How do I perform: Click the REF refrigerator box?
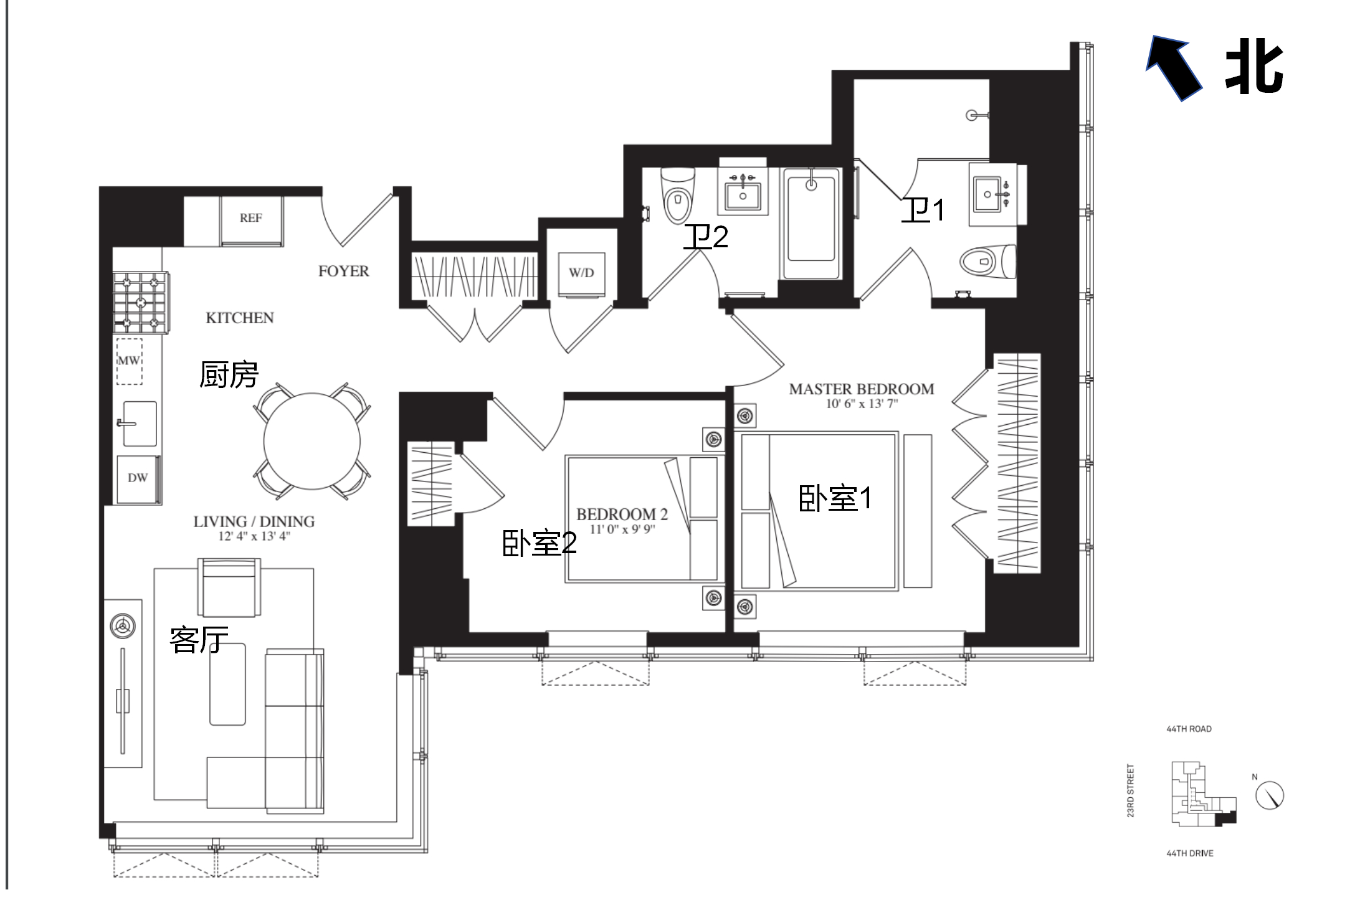click(x=251, y=220)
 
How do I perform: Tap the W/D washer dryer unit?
click(x=581, y=273)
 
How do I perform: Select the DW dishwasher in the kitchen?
click(x=138, y=478)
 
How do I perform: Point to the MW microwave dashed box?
click(x=129, y=361)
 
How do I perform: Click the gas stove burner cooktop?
click(x=141, y=303)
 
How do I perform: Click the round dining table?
click(x=312, y=441)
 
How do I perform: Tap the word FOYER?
click(x=343, y=272)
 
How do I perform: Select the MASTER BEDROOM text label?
click(x=862, y=389)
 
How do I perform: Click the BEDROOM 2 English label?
click(x=622, y=514)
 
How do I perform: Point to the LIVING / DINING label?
click(x=254, y=521)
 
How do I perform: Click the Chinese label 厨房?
click(x=229, y=374)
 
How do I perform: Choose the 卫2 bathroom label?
click(x=706, y=237)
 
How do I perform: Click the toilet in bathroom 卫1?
click(x=988, y=262)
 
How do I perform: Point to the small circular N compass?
click(x=1269, y=795)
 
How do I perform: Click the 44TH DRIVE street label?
click(x=1190, y=853)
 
